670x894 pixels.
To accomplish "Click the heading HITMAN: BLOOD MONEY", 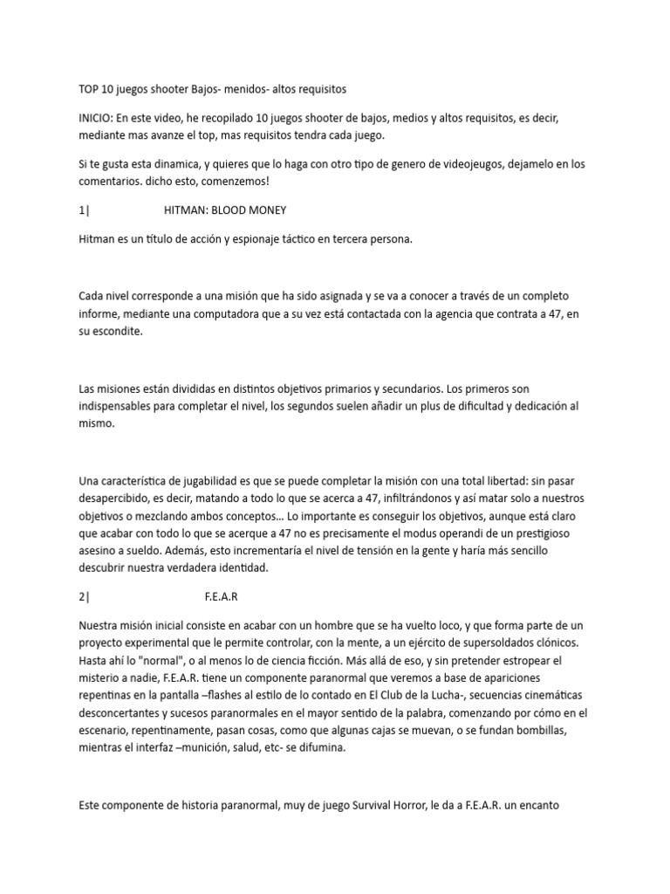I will (x=224, y=210).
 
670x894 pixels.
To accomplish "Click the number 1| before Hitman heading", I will (x=83, y=210).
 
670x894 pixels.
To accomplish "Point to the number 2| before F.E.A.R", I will (x=83, y=597).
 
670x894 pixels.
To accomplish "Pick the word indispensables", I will (x=120, y=407).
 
